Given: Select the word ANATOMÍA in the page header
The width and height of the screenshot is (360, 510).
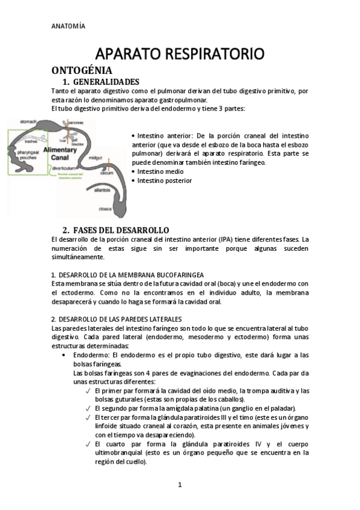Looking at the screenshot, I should click(x=68, y=26).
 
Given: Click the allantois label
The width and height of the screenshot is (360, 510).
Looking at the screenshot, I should click(x=103, y=189).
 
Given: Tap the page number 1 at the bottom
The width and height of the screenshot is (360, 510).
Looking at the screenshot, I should click(x=179, y=485).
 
